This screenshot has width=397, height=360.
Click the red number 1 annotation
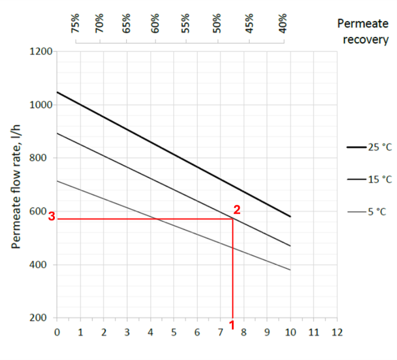(232, 326)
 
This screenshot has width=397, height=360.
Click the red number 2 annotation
(237, 210)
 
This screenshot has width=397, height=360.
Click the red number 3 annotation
(52, 218)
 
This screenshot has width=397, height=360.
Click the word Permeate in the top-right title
(363, 24)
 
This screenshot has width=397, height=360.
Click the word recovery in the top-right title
(363, 40)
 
